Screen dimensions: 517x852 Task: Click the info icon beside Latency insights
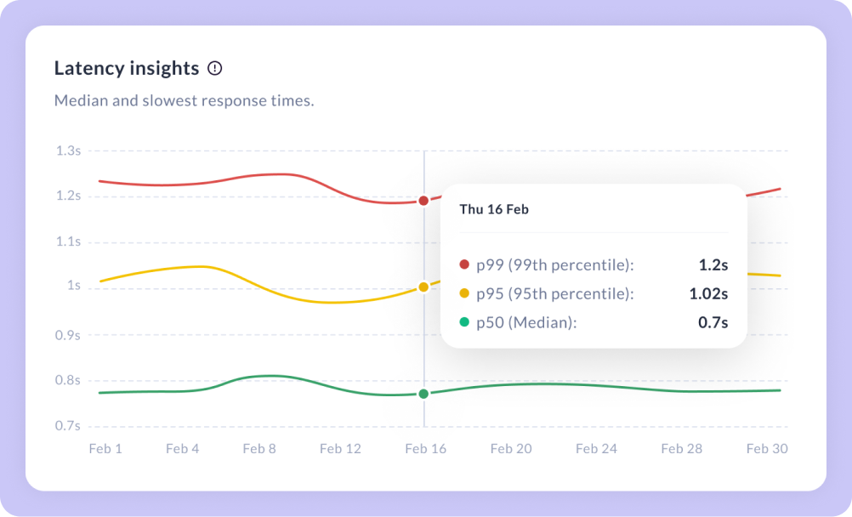215,68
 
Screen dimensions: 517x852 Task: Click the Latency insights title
127,68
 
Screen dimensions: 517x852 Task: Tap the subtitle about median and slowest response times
184,100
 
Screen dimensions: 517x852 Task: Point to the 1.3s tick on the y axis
68,151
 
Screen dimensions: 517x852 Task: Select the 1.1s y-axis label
68,241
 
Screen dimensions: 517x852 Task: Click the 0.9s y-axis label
68,335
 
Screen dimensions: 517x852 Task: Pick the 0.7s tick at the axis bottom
68,425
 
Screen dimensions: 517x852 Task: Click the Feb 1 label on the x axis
105,448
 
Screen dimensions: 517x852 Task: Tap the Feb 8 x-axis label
259,448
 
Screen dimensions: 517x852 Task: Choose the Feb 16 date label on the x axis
426,448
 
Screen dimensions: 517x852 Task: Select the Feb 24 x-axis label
596,448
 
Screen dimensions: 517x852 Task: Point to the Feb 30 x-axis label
767,448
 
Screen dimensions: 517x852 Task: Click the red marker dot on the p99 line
423,201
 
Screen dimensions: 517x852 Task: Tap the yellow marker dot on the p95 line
423,287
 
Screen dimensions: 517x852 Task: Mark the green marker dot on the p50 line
423,394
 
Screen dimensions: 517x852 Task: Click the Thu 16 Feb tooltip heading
494,209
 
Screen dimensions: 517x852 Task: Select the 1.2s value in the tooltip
713,265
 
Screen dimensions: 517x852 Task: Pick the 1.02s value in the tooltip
708,294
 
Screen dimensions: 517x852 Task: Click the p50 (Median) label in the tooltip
525,323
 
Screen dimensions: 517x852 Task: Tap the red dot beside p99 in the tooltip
464,265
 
